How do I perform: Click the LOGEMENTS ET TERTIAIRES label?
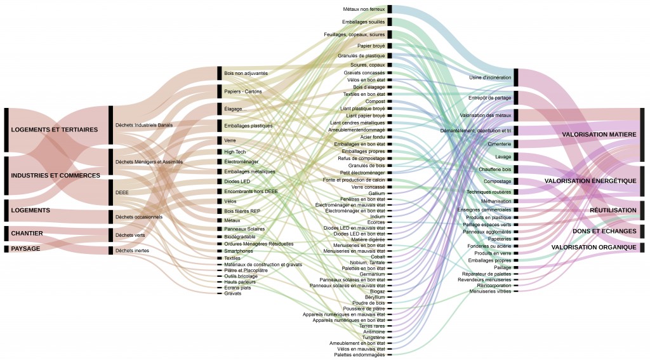(54, 130)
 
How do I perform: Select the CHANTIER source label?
(27, 233)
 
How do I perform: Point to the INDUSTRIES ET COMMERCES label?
(55, 175)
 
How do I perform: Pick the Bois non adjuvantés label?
(246, 74)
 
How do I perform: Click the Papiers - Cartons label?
(243, 91)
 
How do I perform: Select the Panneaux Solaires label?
(244, 229)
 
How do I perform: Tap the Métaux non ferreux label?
(364, 10)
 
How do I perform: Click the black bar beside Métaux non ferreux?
(390, 9)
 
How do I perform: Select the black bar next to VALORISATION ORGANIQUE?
(642, 247)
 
